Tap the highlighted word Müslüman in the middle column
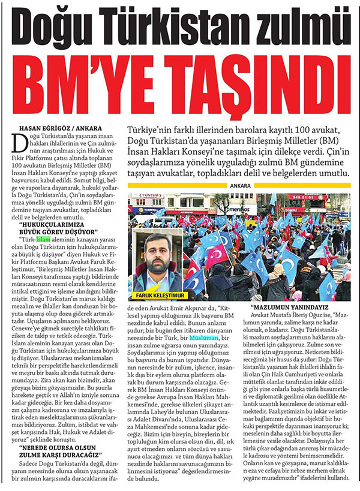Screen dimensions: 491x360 click(205, 338)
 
